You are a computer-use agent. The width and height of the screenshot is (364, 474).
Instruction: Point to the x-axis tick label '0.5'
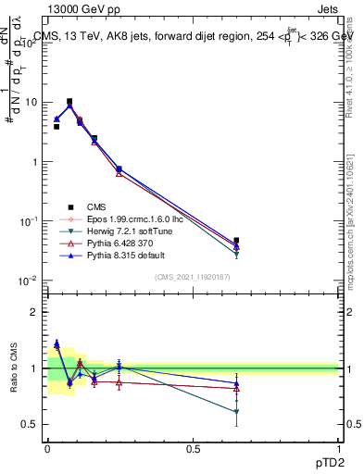click(x=193, y=449)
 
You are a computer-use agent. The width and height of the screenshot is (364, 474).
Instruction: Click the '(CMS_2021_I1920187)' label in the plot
click(x=193, y=277)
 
